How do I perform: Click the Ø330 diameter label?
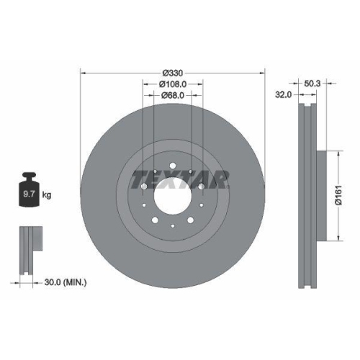coord(172,73)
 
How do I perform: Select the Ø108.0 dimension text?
coord(172,84)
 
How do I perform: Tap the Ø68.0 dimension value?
coord(172,95)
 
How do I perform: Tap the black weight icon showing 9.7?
coord(31,191)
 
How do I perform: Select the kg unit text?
coord(47,195)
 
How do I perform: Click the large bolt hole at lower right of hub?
coord(190,219)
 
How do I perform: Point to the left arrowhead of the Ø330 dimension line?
coord(82,73)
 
